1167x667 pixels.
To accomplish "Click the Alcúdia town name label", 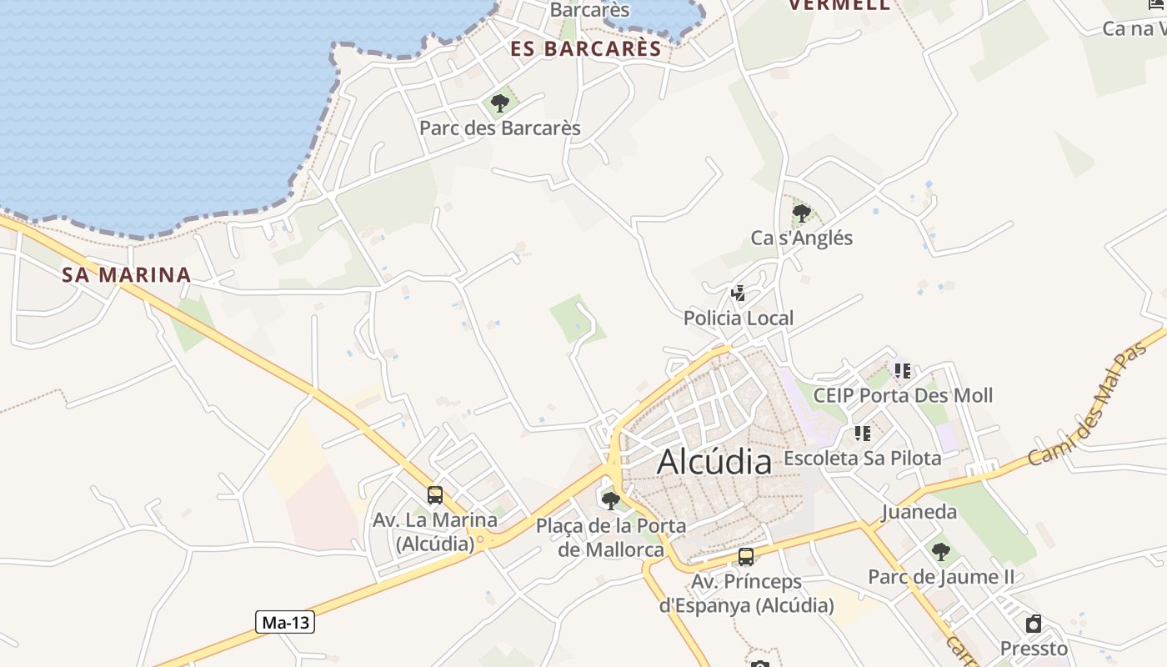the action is point(714,461).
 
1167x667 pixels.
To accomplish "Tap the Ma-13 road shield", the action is point(284,622).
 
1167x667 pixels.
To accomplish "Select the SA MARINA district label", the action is point(127,274).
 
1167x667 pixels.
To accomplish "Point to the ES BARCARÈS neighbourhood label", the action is point(586,48).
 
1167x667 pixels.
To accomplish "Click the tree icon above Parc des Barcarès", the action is point(500,103).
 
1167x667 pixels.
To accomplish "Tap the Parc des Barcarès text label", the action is point(500,128).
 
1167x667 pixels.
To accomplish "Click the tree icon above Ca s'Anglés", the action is point(801,213).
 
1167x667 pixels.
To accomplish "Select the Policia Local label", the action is point(739,318).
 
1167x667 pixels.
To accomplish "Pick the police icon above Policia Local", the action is point(738,293).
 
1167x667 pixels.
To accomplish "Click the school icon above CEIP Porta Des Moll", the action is point(903,370).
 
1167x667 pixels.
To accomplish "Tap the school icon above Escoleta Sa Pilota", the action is point(862,434).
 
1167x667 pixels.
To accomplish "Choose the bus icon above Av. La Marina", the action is point(434,495).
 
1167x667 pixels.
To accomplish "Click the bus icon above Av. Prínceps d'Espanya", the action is point(746,557).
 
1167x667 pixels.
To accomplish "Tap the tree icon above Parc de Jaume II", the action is point(940,551).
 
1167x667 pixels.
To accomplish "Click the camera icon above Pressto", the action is point(1034,624).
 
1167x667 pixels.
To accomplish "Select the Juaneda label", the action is point(919,512).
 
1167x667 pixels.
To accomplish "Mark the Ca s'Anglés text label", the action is point(802,238).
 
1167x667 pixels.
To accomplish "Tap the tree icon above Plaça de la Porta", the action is point(611,500).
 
